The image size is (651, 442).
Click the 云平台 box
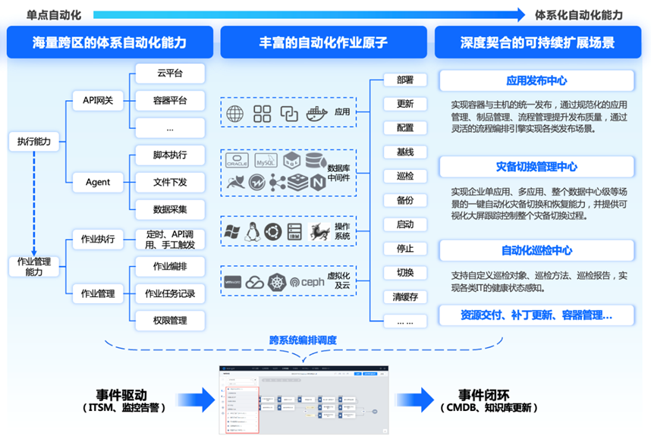(x=170, y=74)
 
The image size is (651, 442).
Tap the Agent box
(x=98, y=182)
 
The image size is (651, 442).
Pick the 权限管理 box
(x=170, y=320)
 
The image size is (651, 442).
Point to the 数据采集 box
(x=170, y=209)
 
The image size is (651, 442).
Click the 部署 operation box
(x=404, y=80)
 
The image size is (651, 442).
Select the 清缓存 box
(x=404, y=296)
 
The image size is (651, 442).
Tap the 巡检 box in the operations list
(x=404, y=176)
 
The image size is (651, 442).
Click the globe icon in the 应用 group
(x=235, y=114)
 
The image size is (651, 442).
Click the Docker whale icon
(x=316, y=114)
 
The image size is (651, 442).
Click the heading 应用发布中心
(x=536, y=80)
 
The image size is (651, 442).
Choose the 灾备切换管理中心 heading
(x=536, y=166)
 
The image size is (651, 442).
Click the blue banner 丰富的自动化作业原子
(x=324, y=42)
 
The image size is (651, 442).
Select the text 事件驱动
(x=121, y=395)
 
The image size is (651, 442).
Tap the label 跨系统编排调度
(x=302, y=340)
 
